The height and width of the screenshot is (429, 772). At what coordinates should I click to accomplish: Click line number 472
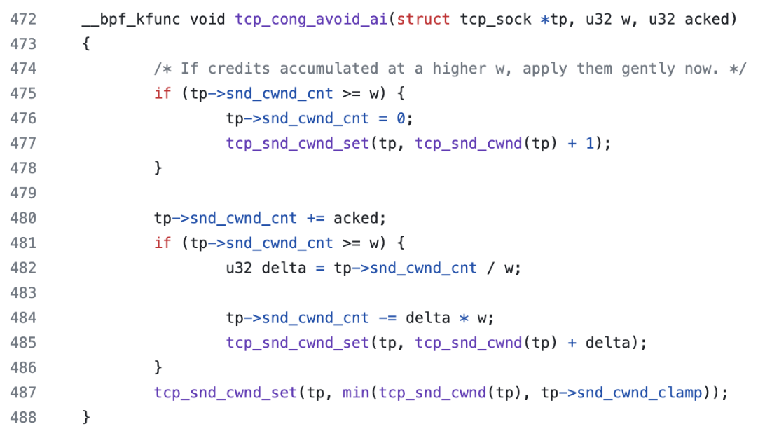click(23, 19)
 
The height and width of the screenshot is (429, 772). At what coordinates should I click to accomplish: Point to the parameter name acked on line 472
click(710, 19)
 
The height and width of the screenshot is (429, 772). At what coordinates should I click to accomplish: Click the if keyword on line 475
click(163, 94)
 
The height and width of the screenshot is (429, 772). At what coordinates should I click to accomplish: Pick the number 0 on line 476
click(401, 118)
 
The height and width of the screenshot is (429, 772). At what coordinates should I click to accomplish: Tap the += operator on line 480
click(317, 218)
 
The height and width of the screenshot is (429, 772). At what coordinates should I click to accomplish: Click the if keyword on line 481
click(163, 243)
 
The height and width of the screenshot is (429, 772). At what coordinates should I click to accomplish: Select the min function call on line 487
click(357, 393)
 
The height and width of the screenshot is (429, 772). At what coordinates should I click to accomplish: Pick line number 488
click(23, 417)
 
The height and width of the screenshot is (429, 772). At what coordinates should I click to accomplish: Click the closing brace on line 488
click(87, 417)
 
